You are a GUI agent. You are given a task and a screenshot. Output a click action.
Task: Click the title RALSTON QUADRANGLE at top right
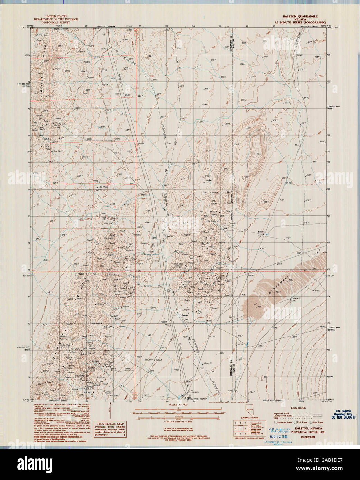pos(300,16)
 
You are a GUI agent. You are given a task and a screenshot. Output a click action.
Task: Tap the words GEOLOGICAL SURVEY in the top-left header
pos(55,22)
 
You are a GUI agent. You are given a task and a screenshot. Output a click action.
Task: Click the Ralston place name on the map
pos(261,231)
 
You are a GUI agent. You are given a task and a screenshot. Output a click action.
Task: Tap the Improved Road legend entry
pos(282,413)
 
